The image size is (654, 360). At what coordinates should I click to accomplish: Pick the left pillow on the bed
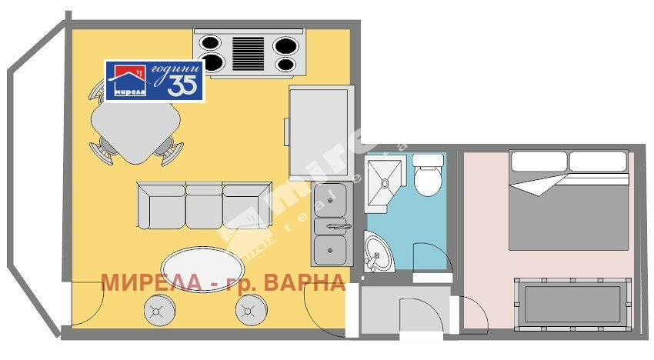(x=539, y=162)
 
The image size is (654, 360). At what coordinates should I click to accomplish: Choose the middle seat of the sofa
(x=204, y=206)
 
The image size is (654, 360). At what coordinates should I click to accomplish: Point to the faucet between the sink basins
(x=337, y=226)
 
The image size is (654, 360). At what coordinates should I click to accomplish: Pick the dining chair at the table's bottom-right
(x=168, y=149)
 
